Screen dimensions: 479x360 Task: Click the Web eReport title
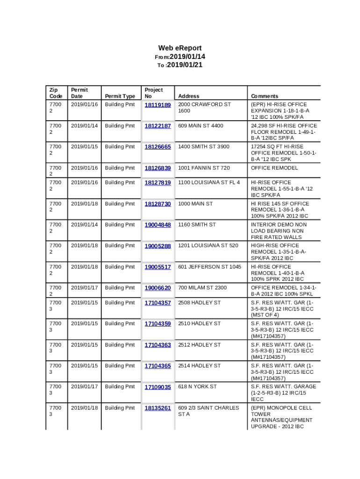point(180,48)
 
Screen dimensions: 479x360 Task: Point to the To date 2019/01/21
point(184,65)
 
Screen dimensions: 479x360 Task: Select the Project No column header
point(153,93)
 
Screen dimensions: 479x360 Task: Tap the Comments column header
point(264,96)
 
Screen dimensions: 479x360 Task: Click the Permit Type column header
point(120,96)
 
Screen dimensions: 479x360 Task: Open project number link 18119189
point(158,105)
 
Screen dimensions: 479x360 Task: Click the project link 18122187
point(158,126)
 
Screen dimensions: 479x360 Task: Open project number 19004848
point(158,225)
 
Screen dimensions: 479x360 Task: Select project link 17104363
point(158,345)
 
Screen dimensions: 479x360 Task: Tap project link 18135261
point(158,408)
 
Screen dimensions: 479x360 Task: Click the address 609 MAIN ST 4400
point(201,126)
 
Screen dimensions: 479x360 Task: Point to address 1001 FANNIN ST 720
point(204,168)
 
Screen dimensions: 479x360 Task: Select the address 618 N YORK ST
point(197,387)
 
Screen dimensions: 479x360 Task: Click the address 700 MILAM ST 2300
point(202,288)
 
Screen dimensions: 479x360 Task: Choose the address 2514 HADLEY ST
point(199,366)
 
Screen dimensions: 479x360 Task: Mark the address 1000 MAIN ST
point(195,204)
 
